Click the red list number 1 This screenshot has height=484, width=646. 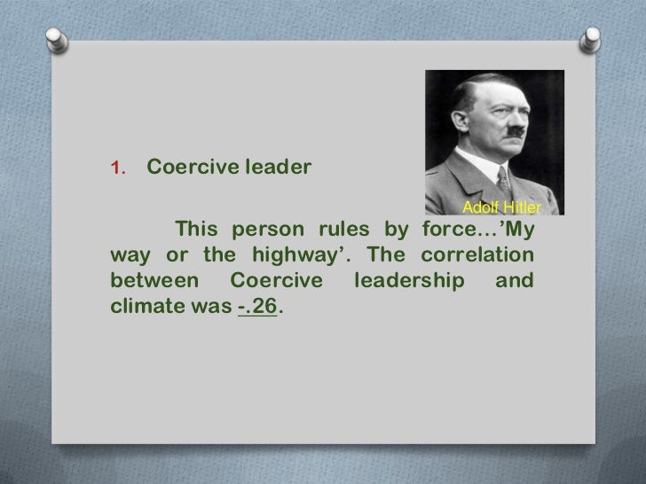click(x=116, y=169)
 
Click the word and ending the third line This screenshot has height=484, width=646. click(x=514, y=283)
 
